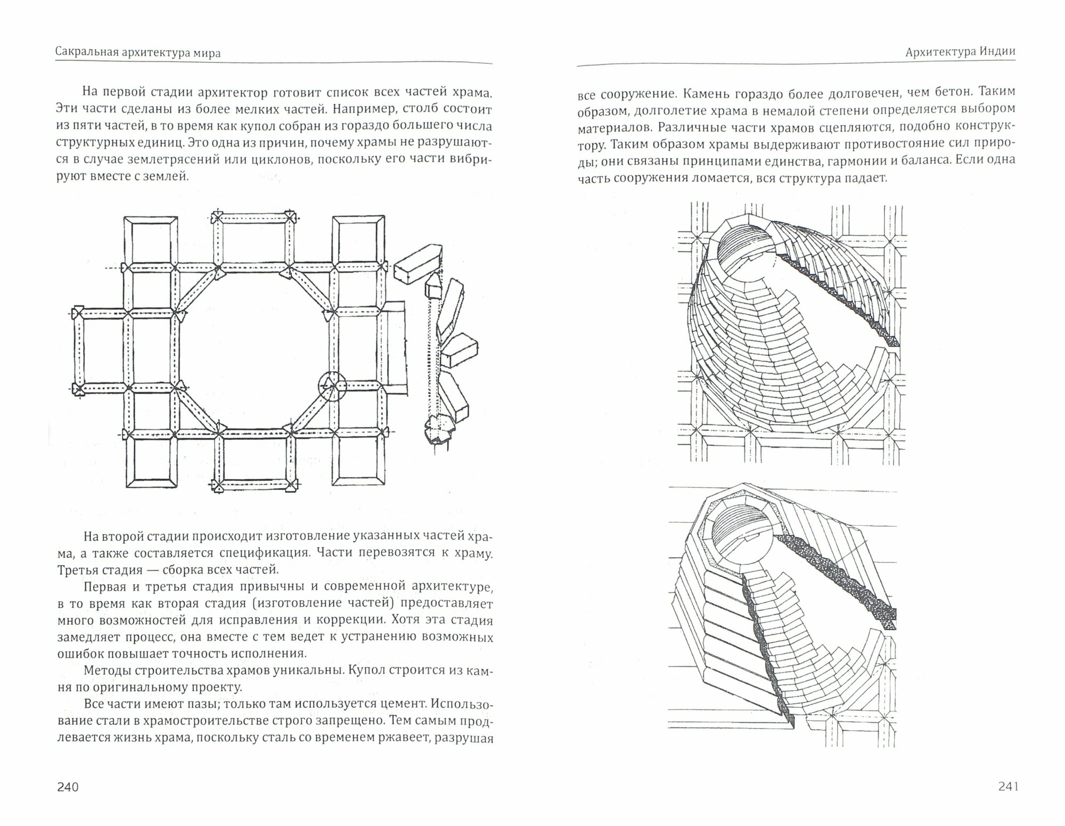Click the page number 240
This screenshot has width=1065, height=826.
[x=68, y=787]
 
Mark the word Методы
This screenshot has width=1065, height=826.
[x=105, y=669]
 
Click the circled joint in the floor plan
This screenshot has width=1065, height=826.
[x=332, y=386]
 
